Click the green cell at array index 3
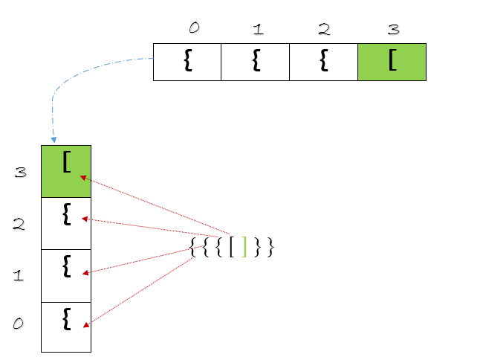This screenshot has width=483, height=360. point(392,62)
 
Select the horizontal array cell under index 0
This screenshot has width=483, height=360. point(187,62)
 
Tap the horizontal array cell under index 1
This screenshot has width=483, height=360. point(255,62)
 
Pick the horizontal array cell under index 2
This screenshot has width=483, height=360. point(322,62)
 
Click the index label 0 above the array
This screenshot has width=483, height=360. point(194,28)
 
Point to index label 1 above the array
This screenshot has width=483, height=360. point(257,30)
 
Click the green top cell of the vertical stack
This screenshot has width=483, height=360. point(66,171)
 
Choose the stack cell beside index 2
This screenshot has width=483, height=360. point(66,223)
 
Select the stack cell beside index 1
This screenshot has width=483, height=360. point(66,275)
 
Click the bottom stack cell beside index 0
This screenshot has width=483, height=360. point(66,327)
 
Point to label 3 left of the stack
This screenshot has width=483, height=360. point(20,173)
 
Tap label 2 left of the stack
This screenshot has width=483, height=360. point(19,224)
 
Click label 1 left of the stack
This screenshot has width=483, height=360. point(19,276)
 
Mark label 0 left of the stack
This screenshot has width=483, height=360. point(19,324)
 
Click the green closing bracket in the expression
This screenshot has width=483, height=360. point(244,248)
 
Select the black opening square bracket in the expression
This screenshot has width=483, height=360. point(232,248)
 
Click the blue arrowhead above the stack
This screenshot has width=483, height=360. point(53,139)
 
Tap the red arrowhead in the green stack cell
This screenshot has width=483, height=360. point(84,178)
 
